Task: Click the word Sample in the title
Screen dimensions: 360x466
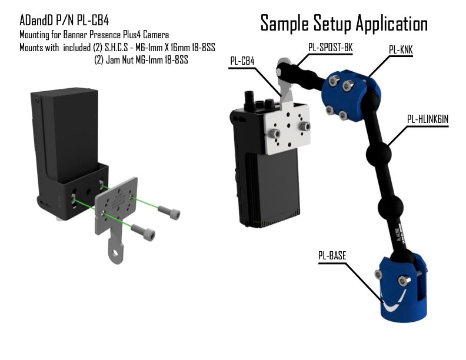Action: (288, 24)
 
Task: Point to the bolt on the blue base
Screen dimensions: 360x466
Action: (405, 280)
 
